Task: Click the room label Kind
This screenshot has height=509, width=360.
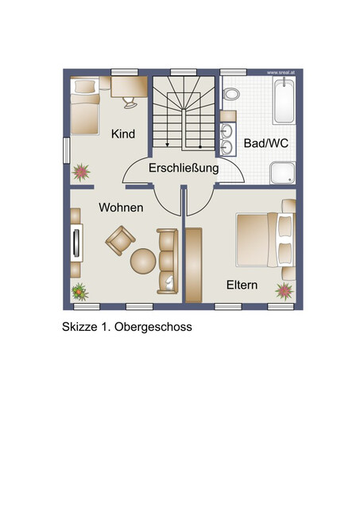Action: click(123, 134)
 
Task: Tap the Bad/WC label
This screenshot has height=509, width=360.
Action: click(266, 143)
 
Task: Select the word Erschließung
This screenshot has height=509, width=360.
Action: click(184, 168)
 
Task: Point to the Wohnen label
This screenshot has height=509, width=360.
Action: click(121, 208)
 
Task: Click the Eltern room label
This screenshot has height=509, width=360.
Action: click(242, 285)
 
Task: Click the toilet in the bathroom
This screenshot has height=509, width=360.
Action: click(231, 94)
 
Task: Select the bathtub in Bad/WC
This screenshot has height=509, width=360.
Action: click(284, 100)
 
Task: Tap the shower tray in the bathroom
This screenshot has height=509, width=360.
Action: click(283, 173)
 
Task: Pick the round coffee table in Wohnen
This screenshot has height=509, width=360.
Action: click(143, 261)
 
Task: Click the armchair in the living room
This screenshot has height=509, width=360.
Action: click(120, 240)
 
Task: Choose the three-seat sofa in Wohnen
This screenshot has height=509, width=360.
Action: click(168, 262)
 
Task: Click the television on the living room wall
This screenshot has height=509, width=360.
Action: click(76, 243)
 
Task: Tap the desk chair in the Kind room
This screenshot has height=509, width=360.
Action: click(130, 103)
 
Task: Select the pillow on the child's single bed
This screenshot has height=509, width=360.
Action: click(85, 87)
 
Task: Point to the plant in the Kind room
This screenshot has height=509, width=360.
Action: click(81, 172)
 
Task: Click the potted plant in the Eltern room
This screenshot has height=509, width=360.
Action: click(285, 291)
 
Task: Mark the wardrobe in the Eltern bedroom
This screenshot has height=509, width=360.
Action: click(194, 265)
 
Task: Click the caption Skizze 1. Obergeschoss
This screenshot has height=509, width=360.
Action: click(127, 327)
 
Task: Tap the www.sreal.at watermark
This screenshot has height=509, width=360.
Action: click(281, 72)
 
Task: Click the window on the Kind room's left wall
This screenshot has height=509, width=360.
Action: click(67, 150)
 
